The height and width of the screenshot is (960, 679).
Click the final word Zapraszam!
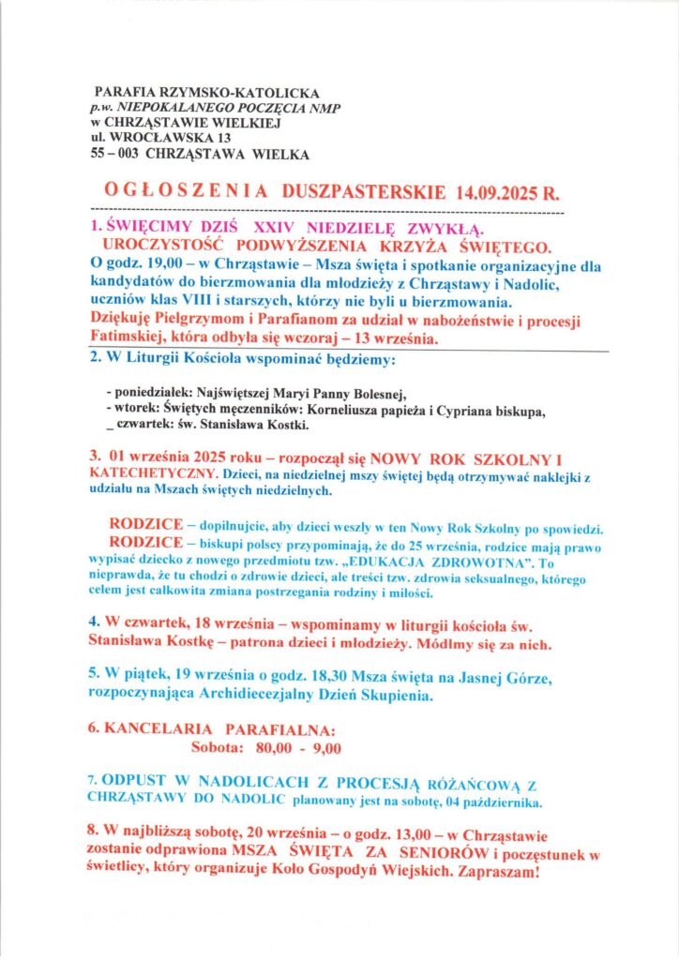click(x=496, y=874)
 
